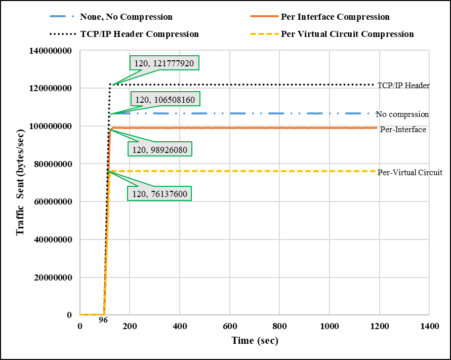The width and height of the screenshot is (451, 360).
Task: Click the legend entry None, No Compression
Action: tap(126, 17)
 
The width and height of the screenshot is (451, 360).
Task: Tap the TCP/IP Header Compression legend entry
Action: tap(139, 34)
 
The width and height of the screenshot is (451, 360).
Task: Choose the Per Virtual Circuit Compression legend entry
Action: tap(347, 34)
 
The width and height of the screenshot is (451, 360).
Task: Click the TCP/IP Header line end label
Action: tap(403, 86)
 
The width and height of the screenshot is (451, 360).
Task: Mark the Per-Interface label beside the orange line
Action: tap(402, 130)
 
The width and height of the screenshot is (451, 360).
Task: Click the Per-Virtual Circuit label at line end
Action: tap(410, 173)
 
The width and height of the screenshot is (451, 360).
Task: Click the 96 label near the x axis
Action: tap(103, 320)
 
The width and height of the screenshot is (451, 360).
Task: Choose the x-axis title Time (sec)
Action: tap(255, 341)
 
